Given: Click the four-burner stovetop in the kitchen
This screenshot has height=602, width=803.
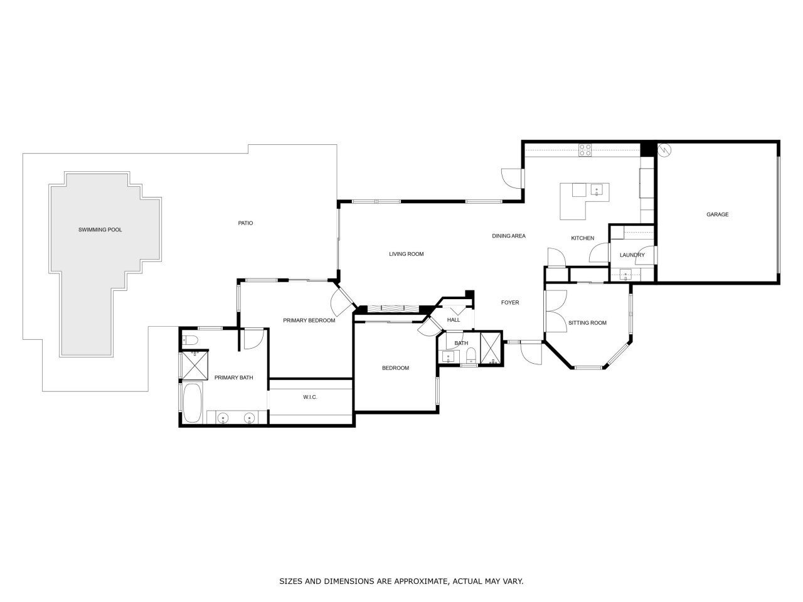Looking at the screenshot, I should pos(585,150).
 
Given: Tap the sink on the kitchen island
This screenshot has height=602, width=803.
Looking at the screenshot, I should pos(596,189).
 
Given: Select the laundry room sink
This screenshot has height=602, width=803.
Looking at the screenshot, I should pos(625,273).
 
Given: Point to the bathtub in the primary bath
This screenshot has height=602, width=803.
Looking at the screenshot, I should pos(192,403).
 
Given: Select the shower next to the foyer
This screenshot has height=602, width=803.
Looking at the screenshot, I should pos(491,349).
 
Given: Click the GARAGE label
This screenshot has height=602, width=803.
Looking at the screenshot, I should pos(718,214).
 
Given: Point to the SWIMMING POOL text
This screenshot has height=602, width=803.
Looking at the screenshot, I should pos(100,230).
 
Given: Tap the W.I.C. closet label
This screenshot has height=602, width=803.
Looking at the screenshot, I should pos(310,397).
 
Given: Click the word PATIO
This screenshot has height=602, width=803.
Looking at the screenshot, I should pos(245,223).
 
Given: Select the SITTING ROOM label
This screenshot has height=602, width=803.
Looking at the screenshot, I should pos(587,323).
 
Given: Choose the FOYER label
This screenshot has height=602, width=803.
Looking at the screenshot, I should pos(510,302).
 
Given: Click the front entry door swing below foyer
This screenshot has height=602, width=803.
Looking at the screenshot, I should pos(531,354).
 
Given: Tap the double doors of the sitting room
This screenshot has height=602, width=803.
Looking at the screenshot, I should pos(555,312).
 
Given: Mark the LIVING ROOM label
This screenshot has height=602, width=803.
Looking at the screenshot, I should pos(407,254).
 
